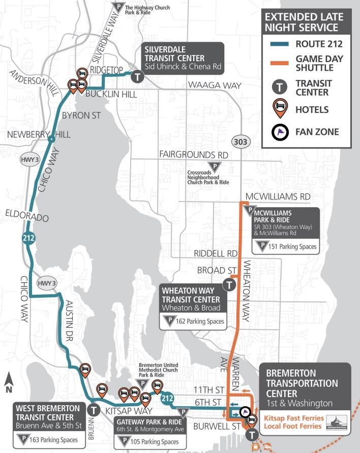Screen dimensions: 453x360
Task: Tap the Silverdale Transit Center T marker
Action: point(137,77)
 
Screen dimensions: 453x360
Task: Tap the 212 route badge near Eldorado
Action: point(29,237)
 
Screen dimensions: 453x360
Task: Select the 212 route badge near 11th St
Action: point(167,399)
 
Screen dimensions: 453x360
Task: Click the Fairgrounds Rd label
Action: point(194,154)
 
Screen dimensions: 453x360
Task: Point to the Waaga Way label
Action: point(214,86)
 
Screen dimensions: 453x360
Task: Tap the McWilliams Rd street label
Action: point(278,196)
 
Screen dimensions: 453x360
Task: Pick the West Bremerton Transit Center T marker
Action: point(94,409)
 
